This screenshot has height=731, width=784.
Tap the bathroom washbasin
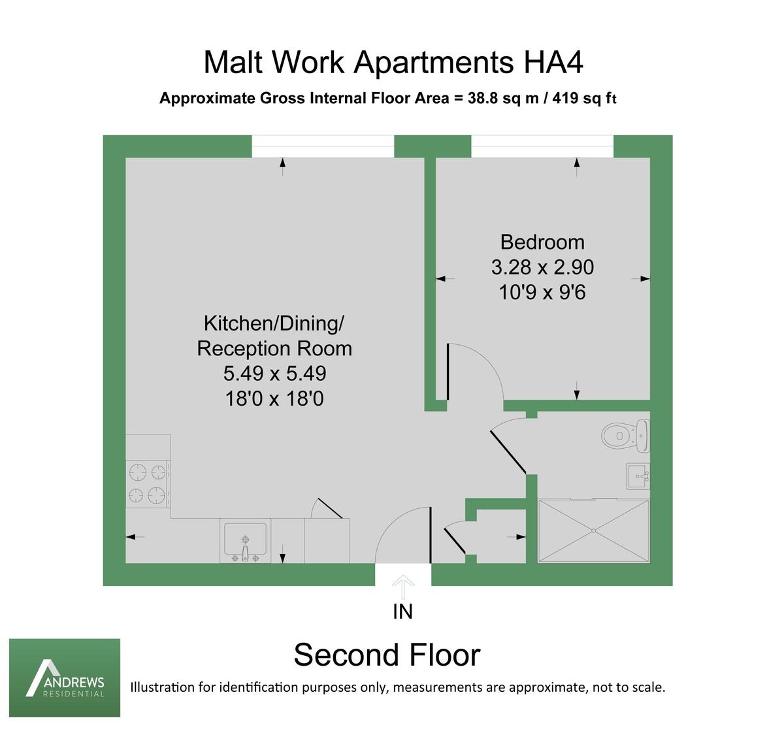pos(638,476)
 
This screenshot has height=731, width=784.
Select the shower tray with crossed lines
pos(593,530)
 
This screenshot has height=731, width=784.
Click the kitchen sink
pos(246,541)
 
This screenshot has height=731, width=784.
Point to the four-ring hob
pos(147,484)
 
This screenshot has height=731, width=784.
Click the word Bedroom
pos(542,242)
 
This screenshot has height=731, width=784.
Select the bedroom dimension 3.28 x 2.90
pos(542,267)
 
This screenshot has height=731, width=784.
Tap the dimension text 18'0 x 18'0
pos(274,398)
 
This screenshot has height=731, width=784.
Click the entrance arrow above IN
pos(403,586)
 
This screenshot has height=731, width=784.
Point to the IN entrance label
pos(403,611)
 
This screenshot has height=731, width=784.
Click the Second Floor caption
pos(387,655)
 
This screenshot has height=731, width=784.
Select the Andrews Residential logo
pos(65,677)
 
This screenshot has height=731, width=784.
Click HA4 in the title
pos(553,63)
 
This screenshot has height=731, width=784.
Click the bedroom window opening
pos(542,146)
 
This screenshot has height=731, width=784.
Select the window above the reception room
pos(323,146)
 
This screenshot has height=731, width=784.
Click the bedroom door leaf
pos(448,372)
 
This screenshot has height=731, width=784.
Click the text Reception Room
pos(274,349)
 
